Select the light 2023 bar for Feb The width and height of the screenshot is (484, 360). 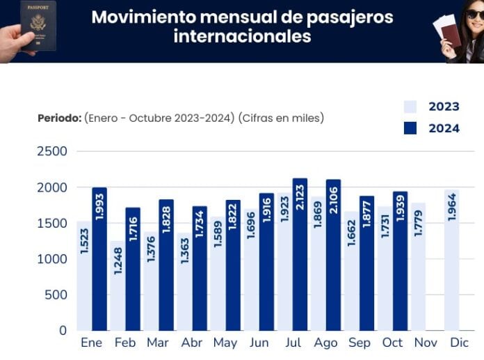[118, 285]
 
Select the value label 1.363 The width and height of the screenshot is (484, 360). [184, 259]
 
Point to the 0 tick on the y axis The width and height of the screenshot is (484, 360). [63, 330]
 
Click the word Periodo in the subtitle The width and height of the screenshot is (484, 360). [58, 118]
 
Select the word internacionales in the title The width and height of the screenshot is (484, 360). [242, 36]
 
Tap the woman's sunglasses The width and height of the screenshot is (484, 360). [475, 14]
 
